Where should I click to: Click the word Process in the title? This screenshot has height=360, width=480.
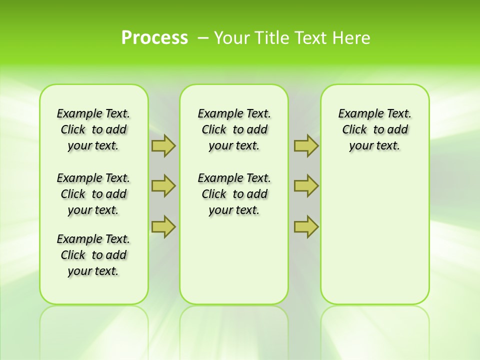point(154,37)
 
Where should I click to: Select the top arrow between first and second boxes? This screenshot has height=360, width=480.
point(163,146)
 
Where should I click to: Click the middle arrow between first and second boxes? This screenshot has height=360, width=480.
point(163,186)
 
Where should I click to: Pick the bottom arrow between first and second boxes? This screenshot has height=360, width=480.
point(163,226)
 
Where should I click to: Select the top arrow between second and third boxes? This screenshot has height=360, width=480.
point(306,146)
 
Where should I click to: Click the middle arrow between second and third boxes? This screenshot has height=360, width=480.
point(306,186)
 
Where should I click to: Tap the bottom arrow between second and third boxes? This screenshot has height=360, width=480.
point(306,226)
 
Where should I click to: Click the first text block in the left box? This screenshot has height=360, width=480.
point(93,129)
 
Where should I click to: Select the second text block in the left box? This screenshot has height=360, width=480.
point(93,194)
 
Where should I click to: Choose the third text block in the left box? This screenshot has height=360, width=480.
point(93,255)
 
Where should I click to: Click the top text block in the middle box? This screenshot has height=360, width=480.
point(234,129)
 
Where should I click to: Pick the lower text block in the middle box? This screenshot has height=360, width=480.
point(234,194)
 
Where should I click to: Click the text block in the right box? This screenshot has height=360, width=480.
point(374,129)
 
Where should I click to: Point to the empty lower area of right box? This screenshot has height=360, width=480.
point(374,235)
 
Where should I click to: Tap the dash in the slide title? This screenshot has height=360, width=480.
point(203,37)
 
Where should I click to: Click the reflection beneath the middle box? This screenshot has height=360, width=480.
point(234,330)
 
